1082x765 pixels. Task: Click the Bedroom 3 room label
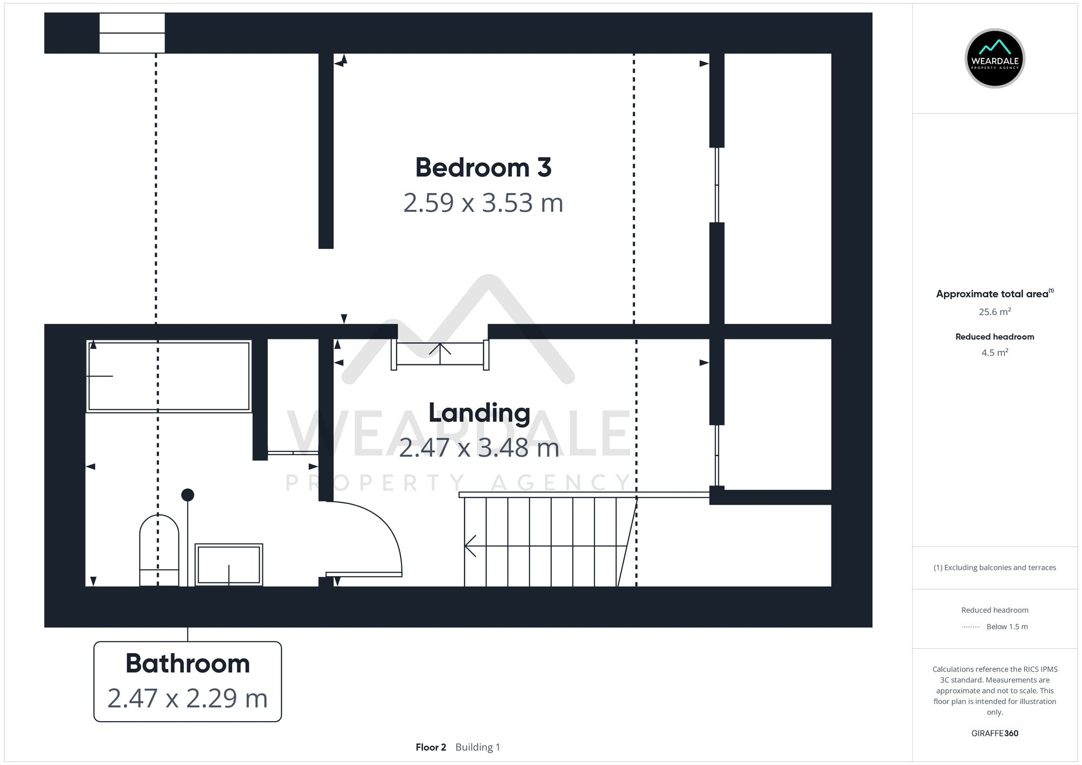(x=483, y=168)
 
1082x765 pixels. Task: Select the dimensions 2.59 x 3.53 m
(x=483, y=203)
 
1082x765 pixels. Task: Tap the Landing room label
(x=479, y=413)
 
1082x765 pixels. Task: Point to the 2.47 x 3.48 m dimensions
(x=479, y=448)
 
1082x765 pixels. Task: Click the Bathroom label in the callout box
(x=188, y=663)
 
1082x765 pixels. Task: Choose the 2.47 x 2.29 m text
(x=188, y=698)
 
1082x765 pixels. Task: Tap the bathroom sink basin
(x=228, y=564)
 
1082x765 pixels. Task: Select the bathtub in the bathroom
(x=169, y=376)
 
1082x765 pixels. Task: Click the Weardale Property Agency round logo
(x=994, y=58)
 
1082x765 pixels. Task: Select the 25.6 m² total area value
(x=994, y=312)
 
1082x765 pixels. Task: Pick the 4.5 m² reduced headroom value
(x=994, y=352)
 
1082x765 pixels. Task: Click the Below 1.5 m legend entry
(x=1006, y=627)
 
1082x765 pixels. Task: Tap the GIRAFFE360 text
(x=994, y=733)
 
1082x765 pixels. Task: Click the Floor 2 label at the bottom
(x=431, y=747)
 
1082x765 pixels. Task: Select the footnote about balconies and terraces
(x=994, y=568)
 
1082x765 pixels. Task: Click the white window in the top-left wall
(x=132, y=33)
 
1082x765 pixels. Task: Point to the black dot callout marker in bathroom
(x=188, y=495)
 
